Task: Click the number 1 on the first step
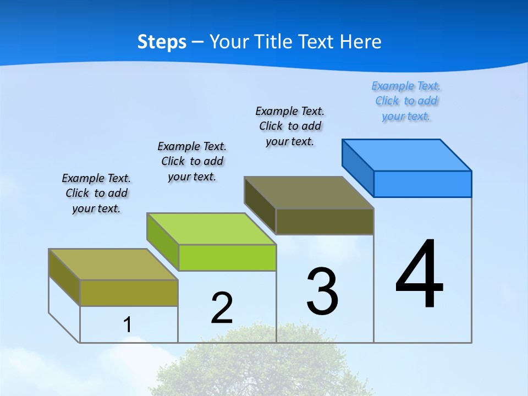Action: (128, 325)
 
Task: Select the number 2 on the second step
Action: (222, 308)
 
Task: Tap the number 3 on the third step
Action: (322, 291)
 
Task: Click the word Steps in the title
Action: (162, 42)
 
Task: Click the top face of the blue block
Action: (407, 155)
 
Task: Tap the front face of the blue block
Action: (422, 184)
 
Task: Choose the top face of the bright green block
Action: (211, 228)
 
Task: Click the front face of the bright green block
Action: (227, 257)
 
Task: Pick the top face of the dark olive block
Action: (309, 193)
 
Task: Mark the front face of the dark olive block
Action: (324, 221)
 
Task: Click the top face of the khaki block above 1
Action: (113, 264)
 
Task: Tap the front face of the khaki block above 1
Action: (129, 293)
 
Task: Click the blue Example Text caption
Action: (406, 101)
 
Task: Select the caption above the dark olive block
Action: (290, 127)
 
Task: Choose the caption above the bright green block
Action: (192, 161)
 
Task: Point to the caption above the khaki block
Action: (96, 193)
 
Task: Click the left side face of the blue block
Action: (358, 167)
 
